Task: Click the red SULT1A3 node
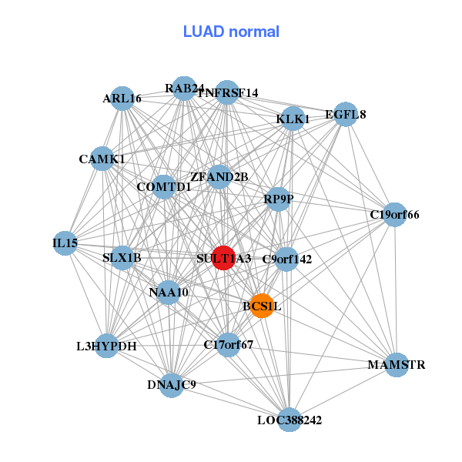[x=223, y=258]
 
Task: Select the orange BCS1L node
[x=262, y=306]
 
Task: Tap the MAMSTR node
[x=396, y=364]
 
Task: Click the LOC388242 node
[x=289, y=420]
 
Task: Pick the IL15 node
[x=65, y=243]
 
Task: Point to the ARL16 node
[x=122, y=98]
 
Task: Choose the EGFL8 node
[x=346, y=115]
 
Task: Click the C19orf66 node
[x=394, y=214]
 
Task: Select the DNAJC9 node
[x=171, y=384]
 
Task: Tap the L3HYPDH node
[x=108, y=346]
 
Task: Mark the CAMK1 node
[x=102, y=159]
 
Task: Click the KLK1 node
[x=293, y=119]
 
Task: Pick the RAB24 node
[x=183, y=89]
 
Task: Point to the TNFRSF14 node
[x=227, y=93]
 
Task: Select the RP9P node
[x=277, y=198]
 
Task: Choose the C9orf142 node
[x=286, y=259]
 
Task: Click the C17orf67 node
[x=229, y=344]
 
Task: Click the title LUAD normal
[x=231, y=32]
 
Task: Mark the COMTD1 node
[x=163, y=186]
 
